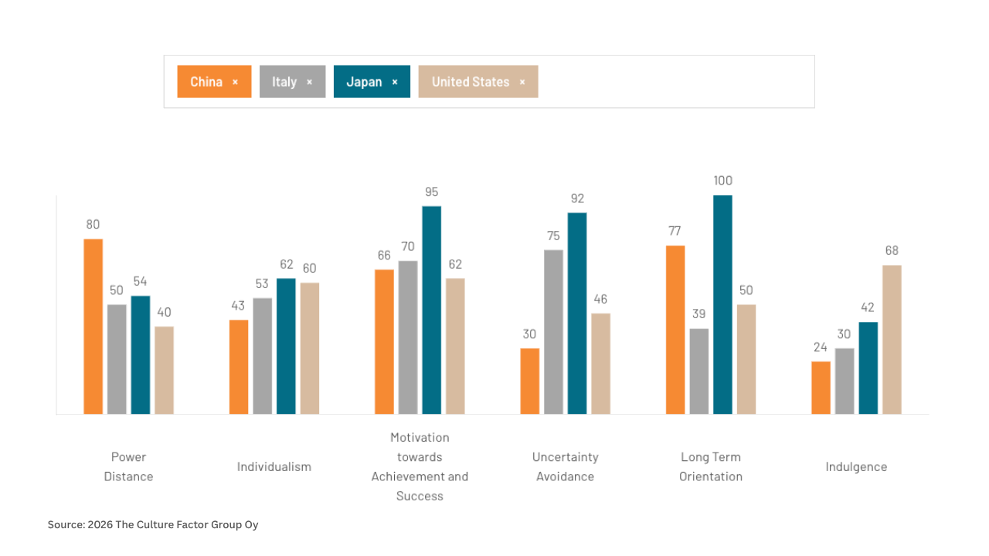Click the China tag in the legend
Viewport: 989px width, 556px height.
tap(206, 82)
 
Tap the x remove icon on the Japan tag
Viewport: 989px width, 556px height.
tap(395, 82)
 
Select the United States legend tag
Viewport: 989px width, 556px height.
tap(471, 82)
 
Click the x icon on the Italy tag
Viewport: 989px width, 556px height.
tap(310, 82)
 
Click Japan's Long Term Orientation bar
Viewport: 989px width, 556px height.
tap(722, 304)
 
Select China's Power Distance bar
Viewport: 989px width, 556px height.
tap(93, 326)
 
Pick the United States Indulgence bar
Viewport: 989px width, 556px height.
tap(892, 339)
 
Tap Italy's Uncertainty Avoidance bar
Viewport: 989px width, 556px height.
tap(553, 331)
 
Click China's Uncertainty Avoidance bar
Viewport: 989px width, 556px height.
tap(529, 381)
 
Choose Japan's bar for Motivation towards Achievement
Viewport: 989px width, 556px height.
tap(431, 310)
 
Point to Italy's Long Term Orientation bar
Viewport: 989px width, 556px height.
tap(698, 371)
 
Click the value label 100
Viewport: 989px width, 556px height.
tap(722, 181)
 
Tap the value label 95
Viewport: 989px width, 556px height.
tap(431, 192)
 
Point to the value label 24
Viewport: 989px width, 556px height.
tap(821, 347)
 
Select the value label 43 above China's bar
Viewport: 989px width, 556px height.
tap(238, 306)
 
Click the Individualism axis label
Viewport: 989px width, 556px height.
tap(274, 466)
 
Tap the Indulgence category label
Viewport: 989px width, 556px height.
tap(856, 466)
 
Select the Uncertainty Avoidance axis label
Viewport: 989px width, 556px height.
tap(565, 466)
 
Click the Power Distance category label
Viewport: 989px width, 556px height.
tap(128, 466)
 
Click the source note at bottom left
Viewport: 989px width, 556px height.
tap(153, 524)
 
